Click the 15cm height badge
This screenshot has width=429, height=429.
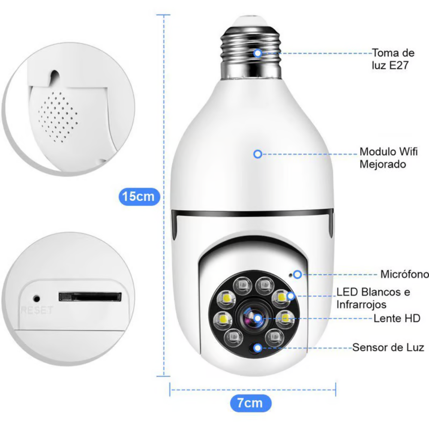[x=139, y=197]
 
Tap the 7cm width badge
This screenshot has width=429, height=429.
[x=250, y=403]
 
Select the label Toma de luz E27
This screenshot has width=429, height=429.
[x=393, y=59]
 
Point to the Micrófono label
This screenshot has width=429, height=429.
[x=404, y=274]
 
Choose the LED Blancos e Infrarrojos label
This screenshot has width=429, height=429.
[x=373, y=298]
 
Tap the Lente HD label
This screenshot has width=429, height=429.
[x=397, y=318]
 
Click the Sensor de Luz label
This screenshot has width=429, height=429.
[x=388, y=347]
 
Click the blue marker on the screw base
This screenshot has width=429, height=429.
[x=257, y=53]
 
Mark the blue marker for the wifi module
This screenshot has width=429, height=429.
[x=257, y=154]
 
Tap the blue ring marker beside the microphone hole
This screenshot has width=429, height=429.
[x=297, y=274]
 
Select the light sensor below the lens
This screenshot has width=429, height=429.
[x=256, y=347]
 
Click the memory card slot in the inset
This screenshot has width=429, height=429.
[x=90, y=296]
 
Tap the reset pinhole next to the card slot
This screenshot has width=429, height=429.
[x=36, y=297]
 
